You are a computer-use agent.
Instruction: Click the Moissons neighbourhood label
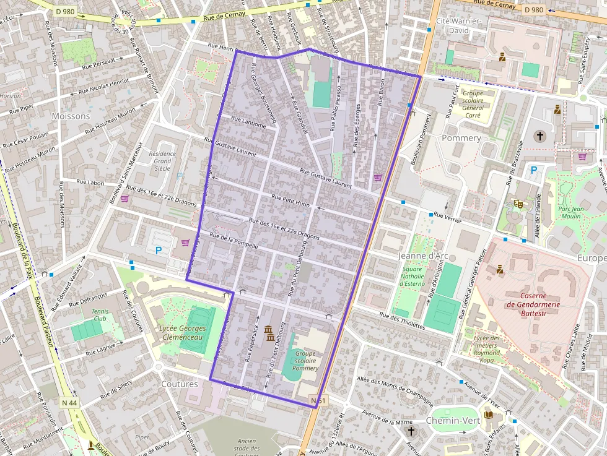[71, 116]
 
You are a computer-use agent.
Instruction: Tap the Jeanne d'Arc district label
[424, 256]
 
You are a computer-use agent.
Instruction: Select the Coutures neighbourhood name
[180, 384]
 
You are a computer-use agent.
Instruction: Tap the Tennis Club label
[99, 315]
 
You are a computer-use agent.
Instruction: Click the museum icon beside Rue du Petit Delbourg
[269, 333]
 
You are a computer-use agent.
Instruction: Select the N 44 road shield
[69, 403]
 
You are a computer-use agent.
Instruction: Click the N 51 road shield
[318, 401]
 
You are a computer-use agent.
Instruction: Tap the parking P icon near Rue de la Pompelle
[158, 251]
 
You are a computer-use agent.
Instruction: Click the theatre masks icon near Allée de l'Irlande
[518, 204]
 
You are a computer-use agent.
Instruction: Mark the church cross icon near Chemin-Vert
[411, 429]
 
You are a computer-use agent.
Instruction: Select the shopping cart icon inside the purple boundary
[377, 178]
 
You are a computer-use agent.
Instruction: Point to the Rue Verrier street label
[447, 217]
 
